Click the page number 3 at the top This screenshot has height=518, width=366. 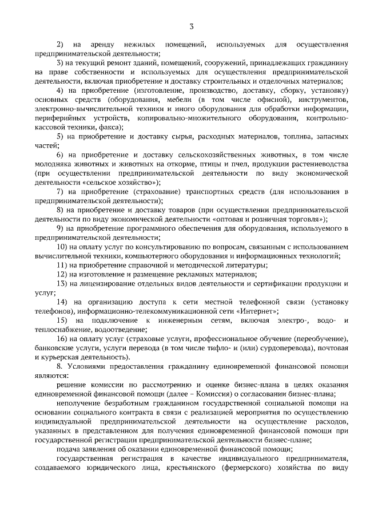(x=192, y=25)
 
